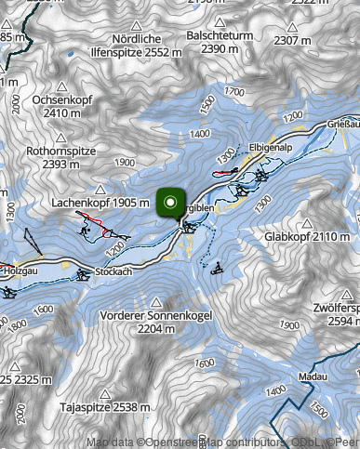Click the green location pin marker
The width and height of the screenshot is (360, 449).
pos(170,204)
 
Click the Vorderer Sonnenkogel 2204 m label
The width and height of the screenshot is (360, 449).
pos(155,322)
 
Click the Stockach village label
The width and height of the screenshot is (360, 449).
pos(113,272)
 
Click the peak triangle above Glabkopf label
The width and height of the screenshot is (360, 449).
pos(307,223)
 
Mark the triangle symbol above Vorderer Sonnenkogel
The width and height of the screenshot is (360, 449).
pos(156,302)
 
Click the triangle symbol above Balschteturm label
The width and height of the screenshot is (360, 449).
pos(220,21)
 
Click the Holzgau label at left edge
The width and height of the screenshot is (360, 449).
pos(15,269)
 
